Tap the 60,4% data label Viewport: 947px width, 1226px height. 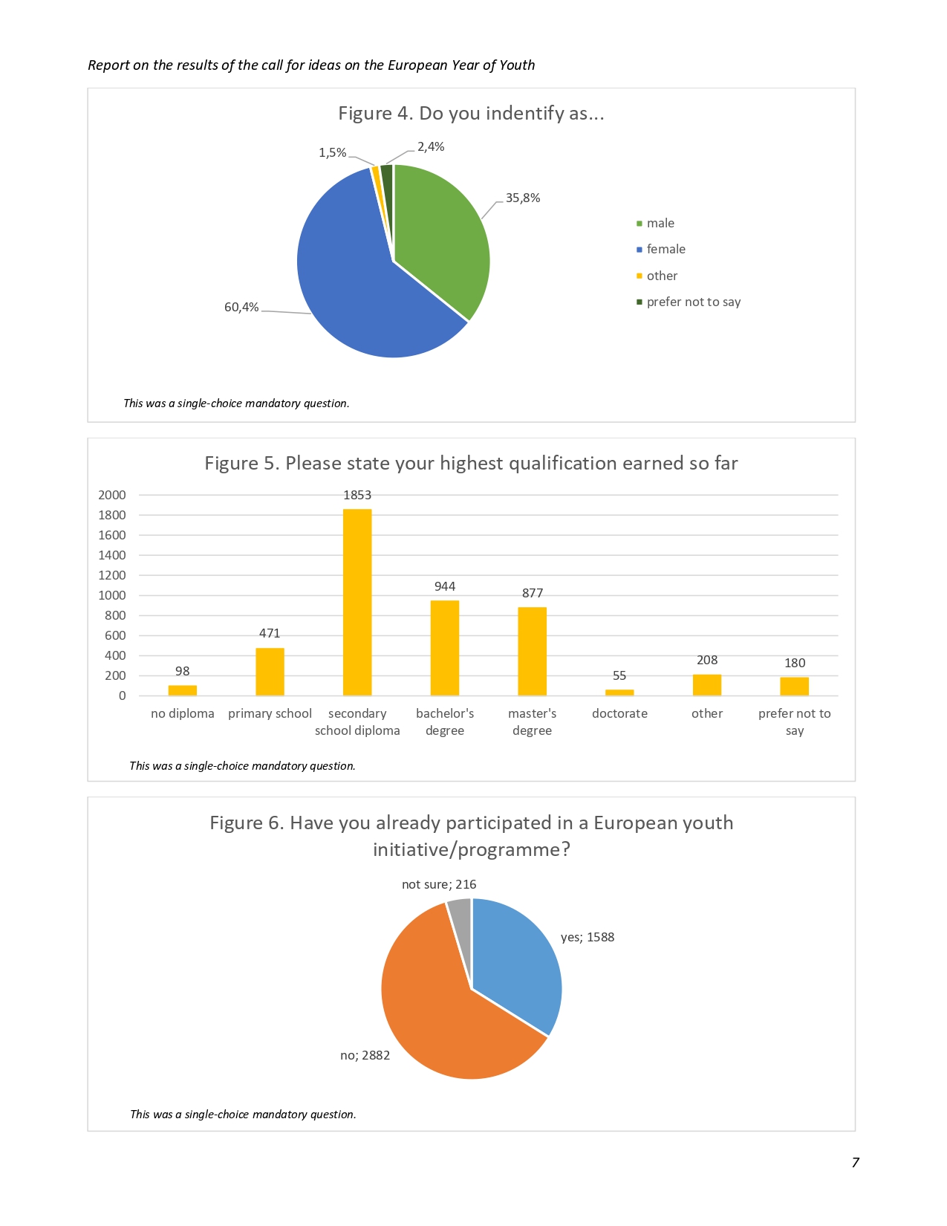tap(241, 307)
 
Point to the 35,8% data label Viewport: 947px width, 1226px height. tap(523, 198)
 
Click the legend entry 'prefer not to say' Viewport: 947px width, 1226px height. tap(693, 302)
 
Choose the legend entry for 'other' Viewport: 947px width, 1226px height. tap(662, 276)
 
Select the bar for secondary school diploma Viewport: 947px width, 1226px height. tap(357, 602)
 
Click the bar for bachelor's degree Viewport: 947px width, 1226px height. tap(445, 648)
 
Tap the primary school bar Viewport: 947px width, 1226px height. tap(270, 672)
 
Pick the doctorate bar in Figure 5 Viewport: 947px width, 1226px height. tap(619, 693)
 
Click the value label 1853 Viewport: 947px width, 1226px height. tap(357, 495)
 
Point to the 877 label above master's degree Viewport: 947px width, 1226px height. tap(533, 593)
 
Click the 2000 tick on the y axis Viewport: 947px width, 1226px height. tap(112, 495)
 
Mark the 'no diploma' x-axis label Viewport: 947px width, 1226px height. tap(182, 713)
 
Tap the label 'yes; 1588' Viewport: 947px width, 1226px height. tap(588, 937)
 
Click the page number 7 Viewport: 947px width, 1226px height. tap(855, 1163)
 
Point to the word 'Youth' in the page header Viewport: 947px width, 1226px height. tap(517, 65)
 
